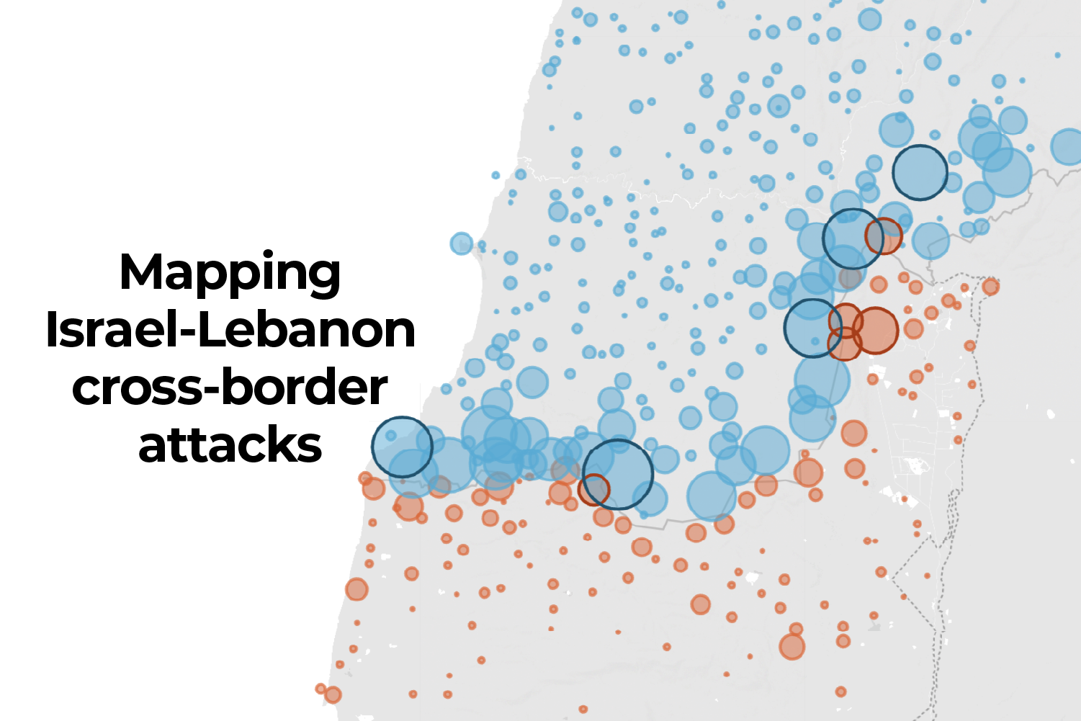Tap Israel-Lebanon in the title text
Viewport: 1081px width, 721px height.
(230, 331)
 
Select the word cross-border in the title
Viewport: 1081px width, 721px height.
(230, 388)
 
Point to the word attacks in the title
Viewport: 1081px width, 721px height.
(230, 445)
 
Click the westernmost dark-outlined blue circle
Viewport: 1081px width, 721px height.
(402, 447)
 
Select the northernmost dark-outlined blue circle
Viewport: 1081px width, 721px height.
(920, 172)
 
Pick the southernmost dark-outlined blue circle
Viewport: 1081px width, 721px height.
(618, 475)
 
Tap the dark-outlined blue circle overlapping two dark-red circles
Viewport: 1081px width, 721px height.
(812, 328)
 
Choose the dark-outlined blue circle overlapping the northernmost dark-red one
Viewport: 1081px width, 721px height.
(853, 238)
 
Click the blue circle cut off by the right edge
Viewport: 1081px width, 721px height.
(1067, 147)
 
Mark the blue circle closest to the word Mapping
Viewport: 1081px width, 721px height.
(461, 243)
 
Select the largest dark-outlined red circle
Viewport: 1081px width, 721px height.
(876, 330)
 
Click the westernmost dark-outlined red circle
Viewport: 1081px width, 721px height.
(593, 490)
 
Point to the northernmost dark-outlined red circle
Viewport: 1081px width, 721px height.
(884, 236)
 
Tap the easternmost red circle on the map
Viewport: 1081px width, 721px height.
(991, 287)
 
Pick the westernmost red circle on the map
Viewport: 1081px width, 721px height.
(320, 689)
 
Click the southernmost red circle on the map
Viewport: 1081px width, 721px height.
(583, 709)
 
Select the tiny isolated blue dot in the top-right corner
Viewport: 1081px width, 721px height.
(1057, 55)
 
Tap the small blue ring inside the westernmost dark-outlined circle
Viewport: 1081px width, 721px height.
(390, 436)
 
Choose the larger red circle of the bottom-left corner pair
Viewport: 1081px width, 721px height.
(332, 695)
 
